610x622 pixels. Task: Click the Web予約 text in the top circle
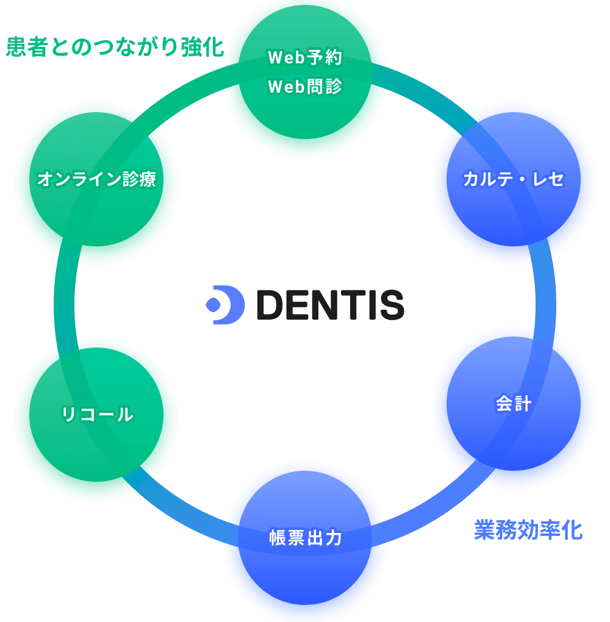pyautogui.click(x=305, y=58)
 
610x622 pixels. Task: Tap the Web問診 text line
pyautogui.click(x=305, y=87)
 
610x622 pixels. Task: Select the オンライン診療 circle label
pyautogui.click(x=96, y=179)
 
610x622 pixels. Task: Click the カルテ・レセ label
pyautogui.click(x=513, y=179)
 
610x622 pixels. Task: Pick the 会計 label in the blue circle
pyautogui.click(x=514, y=404)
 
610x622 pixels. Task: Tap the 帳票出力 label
pyautogui.click(x=305, y=538)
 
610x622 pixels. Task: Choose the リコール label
pyautogui.click(x=98, y=415)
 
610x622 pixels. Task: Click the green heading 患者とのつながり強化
pyautogui.click(x=115, y=48)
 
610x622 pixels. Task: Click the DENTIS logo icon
pyautogui.click(x=225, y=304)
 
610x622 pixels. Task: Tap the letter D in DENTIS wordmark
pyautogui.click(x=273, y=304)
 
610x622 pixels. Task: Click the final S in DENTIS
pyautogui.click(x=390, y=304)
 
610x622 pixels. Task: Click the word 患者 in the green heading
pyautogui.click(x=27, y=48)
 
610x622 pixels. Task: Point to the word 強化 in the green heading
pyautogui.click(x=203, y=48)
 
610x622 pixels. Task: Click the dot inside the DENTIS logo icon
pyautogui.click(x=213, y=304)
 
